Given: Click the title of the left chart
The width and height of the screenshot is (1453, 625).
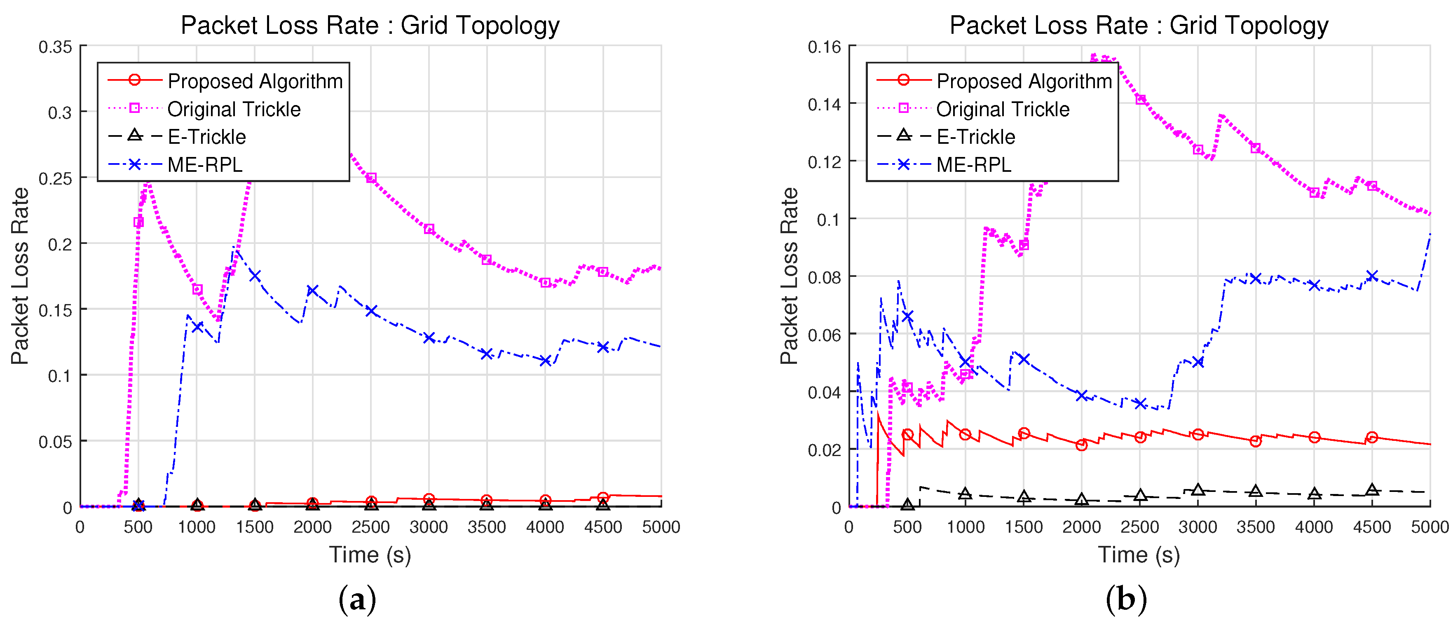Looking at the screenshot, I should pyautogui.click(x=370, y=26).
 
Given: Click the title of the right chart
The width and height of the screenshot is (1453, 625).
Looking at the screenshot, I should pyautogui.click(x=1139, y=26).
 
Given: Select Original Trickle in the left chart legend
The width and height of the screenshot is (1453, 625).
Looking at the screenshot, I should pyautogui.click(x=234, y=109).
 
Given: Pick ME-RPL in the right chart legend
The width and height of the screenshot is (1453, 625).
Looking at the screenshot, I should pyautogui.click(x=974, y=165).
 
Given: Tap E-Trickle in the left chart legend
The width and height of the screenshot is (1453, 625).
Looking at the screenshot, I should pyautogui.click(x=206, y=136).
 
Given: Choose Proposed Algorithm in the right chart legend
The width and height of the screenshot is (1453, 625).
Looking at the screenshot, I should pyautogui.click(x=1024, y=81).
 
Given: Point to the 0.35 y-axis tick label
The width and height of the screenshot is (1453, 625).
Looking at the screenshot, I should pyautogui.click(x=55, y=47).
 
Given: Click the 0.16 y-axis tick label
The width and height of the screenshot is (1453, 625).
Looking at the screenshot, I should pyautogui.click(x=824, y=47).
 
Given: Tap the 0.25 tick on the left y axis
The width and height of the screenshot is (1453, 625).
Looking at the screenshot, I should pyautogui.click(x=55, y=179).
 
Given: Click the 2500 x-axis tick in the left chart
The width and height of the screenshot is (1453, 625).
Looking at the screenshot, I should pyautogui.click(x=370, y=527).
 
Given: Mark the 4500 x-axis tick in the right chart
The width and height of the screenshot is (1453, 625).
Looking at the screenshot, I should pyautogui.click(x=1372, y=527).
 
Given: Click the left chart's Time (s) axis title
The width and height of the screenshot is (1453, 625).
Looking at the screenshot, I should pyautogui.click(x=370, y=555).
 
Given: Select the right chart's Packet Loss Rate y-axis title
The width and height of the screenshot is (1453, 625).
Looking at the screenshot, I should pyautogui.click(x=789, y=276).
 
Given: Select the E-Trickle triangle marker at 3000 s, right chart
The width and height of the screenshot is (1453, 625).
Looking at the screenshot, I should pyautogui.click(x=1198, y=489).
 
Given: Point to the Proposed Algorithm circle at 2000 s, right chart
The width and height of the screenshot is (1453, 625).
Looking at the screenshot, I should pyautogui.click(x=1081, y=445).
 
